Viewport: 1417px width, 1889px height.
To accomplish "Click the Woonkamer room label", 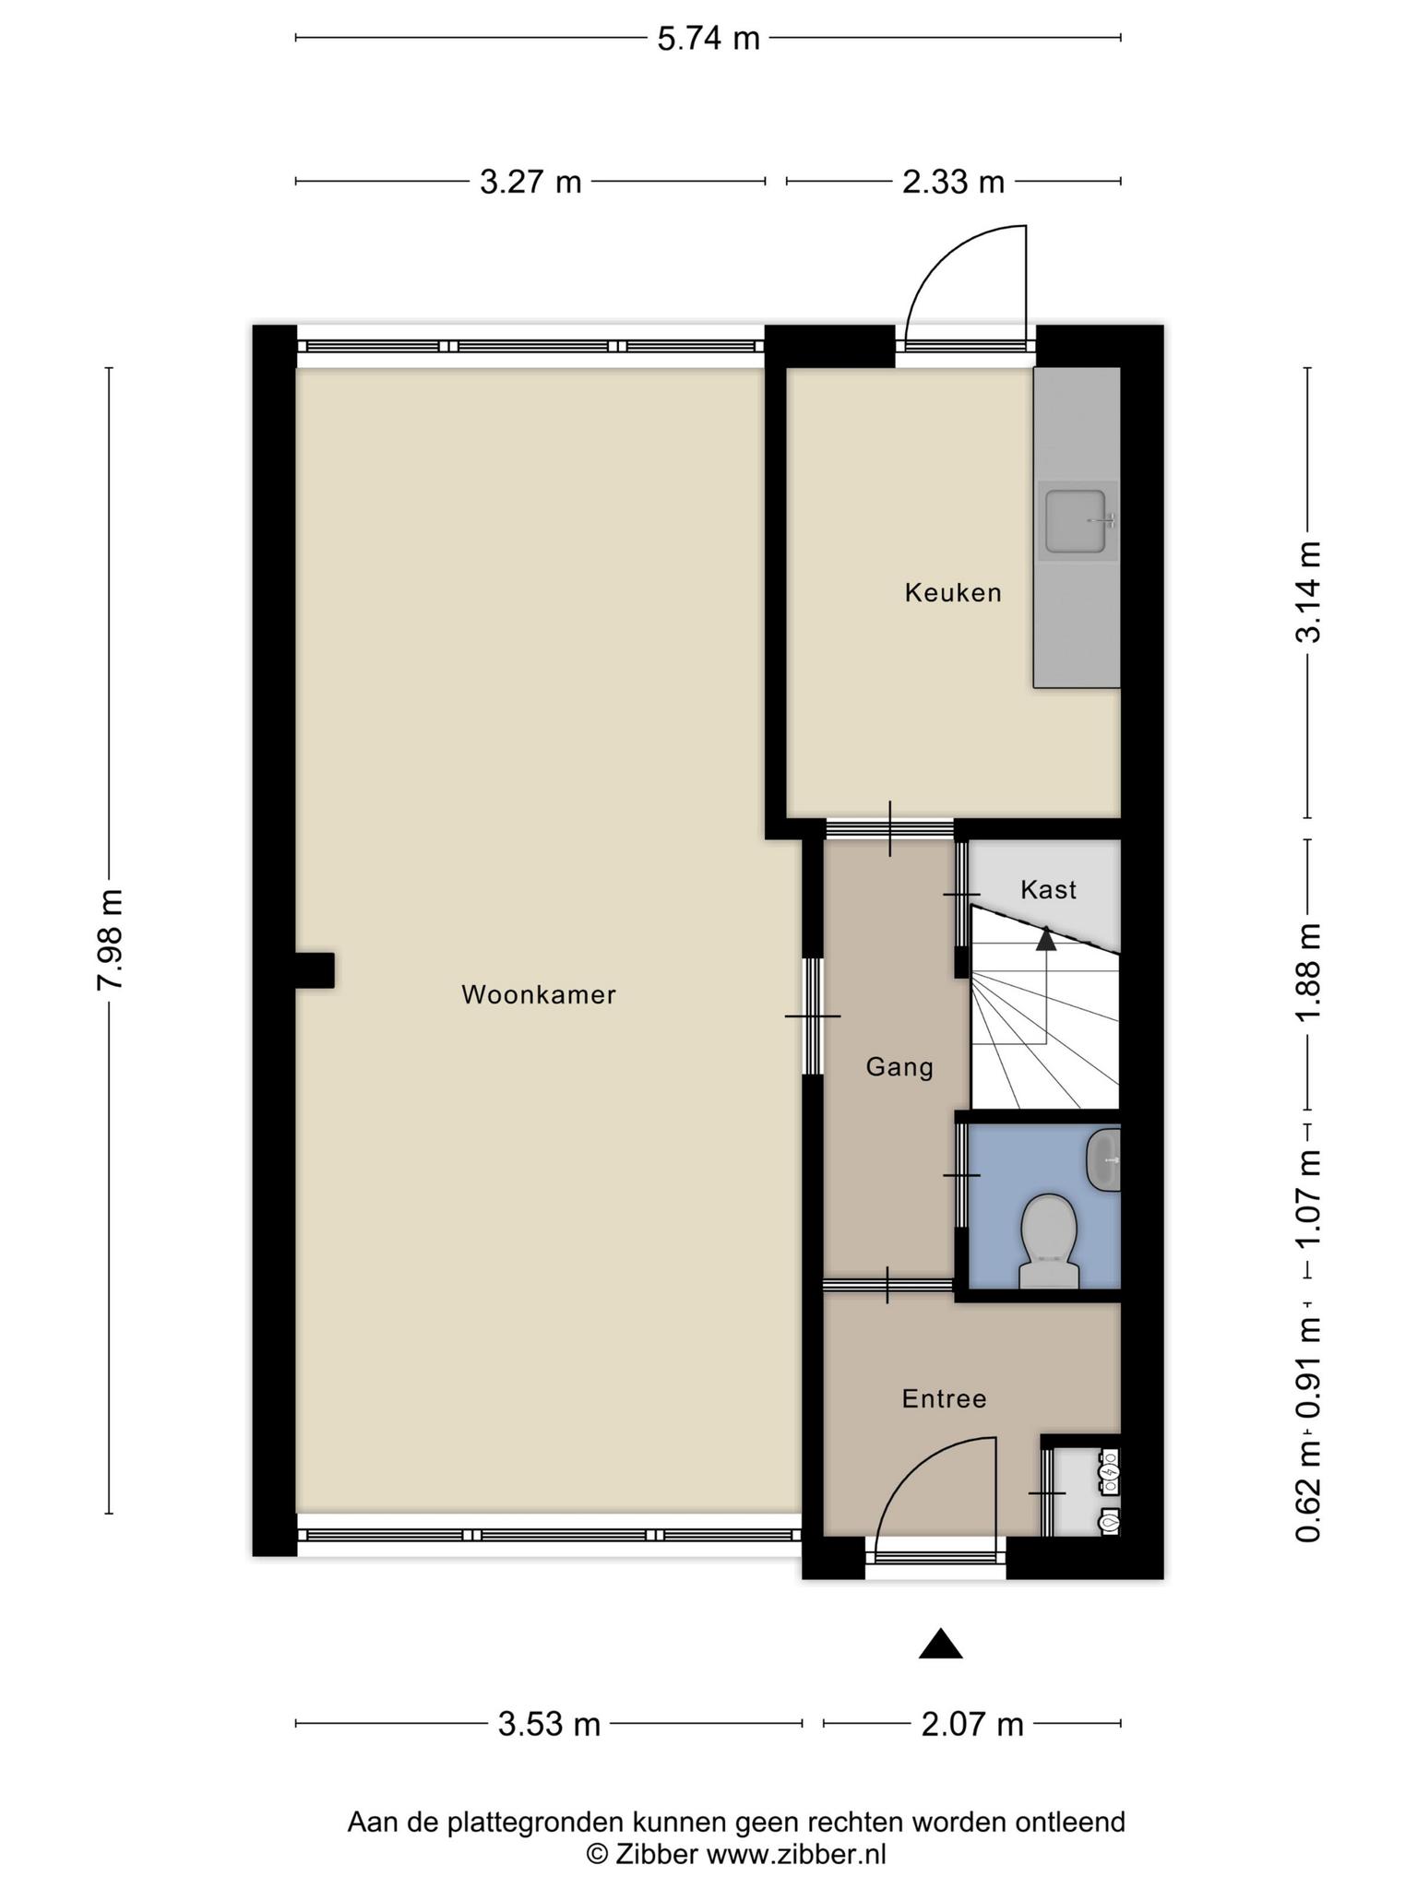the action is coord(539,994).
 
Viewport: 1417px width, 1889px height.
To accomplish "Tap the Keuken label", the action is coord(953,592).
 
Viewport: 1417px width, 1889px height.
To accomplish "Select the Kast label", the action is coord(1049,890).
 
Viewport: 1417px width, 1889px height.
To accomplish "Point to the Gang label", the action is coord(899,1068).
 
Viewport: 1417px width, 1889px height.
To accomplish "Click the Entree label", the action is coord(945,1399).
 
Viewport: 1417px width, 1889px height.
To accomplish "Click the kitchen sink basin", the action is coord(1077,521).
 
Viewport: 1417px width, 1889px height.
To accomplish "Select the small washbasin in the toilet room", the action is coord(1104,1159).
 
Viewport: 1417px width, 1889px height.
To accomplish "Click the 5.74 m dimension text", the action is coord(708,39).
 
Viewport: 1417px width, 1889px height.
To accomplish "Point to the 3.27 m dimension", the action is coord(530,183).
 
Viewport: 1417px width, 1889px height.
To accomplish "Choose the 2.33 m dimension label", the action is coord(953,183).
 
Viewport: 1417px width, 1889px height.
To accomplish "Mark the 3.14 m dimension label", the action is coord(1308,592).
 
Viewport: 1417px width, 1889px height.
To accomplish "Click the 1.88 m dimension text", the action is coord(1308,972).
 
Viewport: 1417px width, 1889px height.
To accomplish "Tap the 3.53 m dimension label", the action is coord(549,1724).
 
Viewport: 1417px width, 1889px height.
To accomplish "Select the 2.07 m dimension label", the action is coord(972,1724).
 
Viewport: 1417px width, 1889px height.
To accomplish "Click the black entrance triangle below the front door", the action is coord(941,1644).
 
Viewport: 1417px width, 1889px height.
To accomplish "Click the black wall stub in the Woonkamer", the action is coord(315,970).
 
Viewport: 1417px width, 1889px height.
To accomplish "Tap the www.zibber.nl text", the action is coord(796,1854).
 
